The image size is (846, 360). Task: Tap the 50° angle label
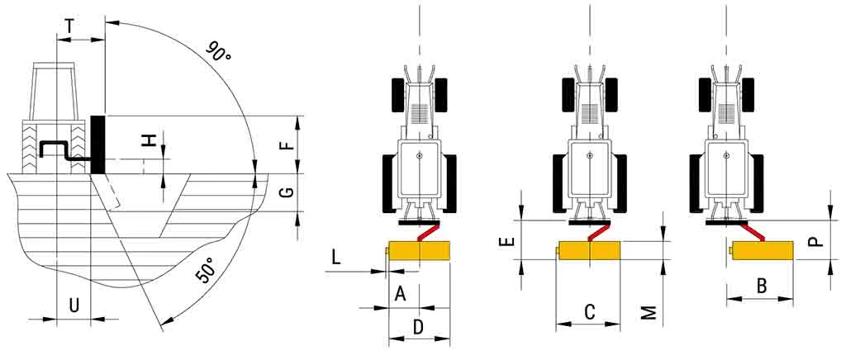pyautogui.click(x=205, y=271)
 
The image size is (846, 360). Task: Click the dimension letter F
pyautogui.click(x=287, y=145)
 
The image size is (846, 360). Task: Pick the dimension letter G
pyautogui.click(x=287, y=192)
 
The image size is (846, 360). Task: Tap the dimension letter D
pyautogui.click(x=418, y=327)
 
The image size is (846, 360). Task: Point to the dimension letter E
pyautogui.click(x=509, y=242)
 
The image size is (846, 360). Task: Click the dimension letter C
pyautogui.click(x=589, y=311)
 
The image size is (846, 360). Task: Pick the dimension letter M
pyautogui.click(x=649, y=312)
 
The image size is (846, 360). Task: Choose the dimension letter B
pyautogui.click(x=761, y=286)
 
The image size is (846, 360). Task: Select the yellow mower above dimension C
pyautogui.click(x=589, y=250)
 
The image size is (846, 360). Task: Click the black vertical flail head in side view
pyautogui.click(x=98, y=144)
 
